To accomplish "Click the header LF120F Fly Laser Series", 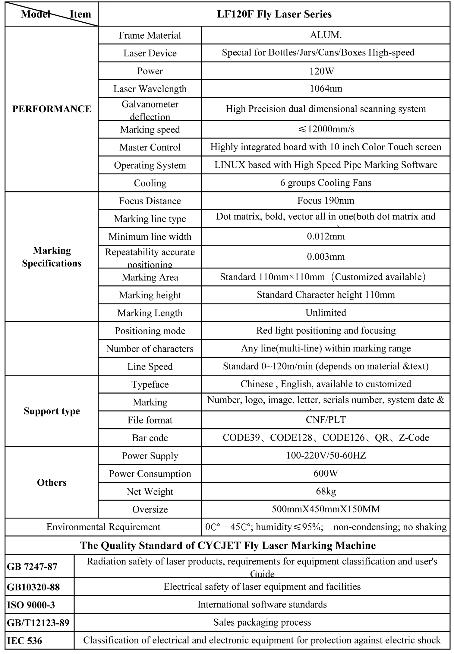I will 274,14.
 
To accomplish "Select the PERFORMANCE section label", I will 52,109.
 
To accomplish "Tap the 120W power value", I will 326,71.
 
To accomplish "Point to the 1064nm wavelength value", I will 326,88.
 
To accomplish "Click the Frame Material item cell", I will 150,35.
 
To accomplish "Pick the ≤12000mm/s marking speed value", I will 326,129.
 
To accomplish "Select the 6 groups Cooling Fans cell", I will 326,183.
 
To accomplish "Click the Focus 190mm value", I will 326,201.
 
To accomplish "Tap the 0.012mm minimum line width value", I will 326,236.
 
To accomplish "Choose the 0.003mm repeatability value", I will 326,257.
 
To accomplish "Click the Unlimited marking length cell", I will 326,313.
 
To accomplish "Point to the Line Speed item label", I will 150,367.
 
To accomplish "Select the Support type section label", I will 52,411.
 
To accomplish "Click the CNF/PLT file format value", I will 326,420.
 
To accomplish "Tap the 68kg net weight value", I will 326,491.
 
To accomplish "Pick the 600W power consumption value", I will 326,473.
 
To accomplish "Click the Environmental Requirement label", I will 103,527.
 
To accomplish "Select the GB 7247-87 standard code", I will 32,567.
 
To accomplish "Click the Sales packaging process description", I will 262,622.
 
